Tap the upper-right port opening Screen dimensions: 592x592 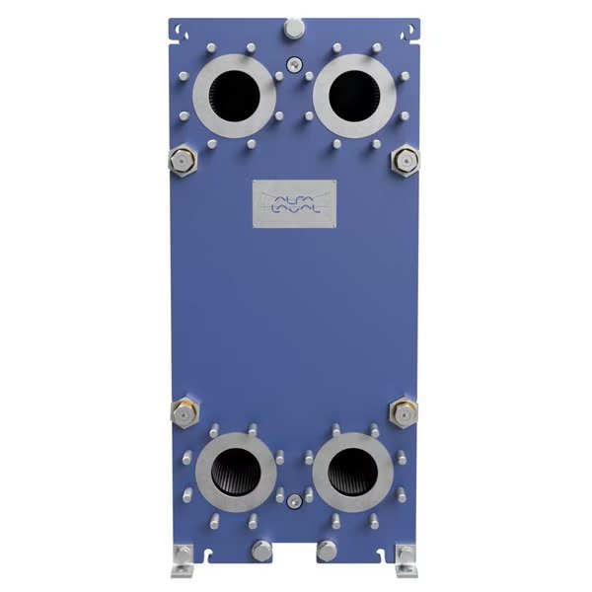point(352,96)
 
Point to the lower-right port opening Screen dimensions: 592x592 point(352,467)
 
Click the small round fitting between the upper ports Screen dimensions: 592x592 point(294,66)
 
